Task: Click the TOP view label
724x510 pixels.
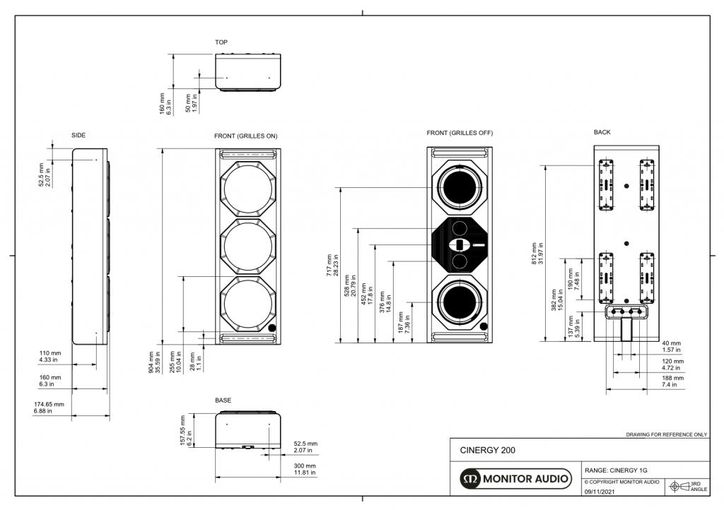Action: tap(221, 42)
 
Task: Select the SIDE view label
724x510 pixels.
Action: tap(78, 135)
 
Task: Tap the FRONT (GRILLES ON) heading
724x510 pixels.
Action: tap(245, 136)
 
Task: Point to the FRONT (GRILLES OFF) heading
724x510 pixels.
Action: tap(460, 133)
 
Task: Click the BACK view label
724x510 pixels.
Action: tap(602, 132)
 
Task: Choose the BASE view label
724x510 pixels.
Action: tap(223, 401)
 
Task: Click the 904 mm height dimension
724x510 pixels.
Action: tap(153, 362)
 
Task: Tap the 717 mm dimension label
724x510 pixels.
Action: tap(331, 265)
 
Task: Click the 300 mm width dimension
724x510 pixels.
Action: tap(305, 469)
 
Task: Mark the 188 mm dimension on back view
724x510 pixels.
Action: tap(672, 381)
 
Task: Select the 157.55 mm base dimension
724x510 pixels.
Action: tap(185, 430)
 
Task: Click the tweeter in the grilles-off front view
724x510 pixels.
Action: tap(459, 245)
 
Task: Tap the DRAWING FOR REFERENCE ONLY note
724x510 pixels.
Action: tap(666, 434)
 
